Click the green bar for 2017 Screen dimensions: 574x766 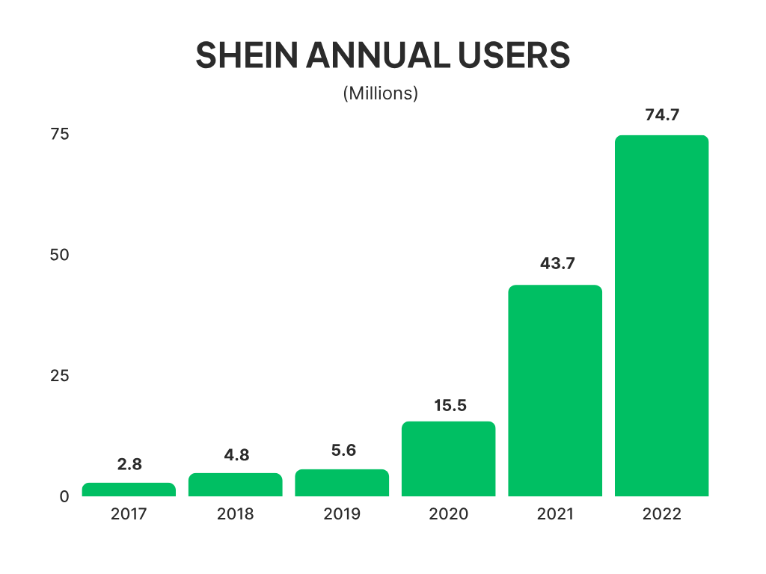click(x=129, y=490)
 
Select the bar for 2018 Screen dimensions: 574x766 click(x=235, y=484)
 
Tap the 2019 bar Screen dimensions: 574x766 click(x=342, y=483)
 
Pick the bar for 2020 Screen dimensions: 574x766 click(x=448, y=459)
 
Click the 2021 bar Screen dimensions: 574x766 click(x=555, y=390)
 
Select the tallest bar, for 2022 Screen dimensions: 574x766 click(x=661, y=315)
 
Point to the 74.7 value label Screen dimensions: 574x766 click(x=661, y=115)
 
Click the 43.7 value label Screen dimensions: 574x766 click(x=555, y=264)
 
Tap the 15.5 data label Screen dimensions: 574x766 click(x=450, y=405)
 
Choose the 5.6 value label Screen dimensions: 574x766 click(x=343, y=451)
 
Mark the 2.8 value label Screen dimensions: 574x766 click(x=129, y=464)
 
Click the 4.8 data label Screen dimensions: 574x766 click(x=236, y=454)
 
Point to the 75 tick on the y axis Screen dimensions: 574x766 click(x=59, y=135)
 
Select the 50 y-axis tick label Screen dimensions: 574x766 click(x=59, y=255)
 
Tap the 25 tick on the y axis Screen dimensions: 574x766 click(x=59, y=375)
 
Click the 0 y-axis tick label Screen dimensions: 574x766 click(x=64, y=496)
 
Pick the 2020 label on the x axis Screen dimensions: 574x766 click(x=449, y=514)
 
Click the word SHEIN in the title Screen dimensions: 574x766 click(x=239, y=56)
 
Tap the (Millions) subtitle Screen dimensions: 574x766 click(x=380, y=94)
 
